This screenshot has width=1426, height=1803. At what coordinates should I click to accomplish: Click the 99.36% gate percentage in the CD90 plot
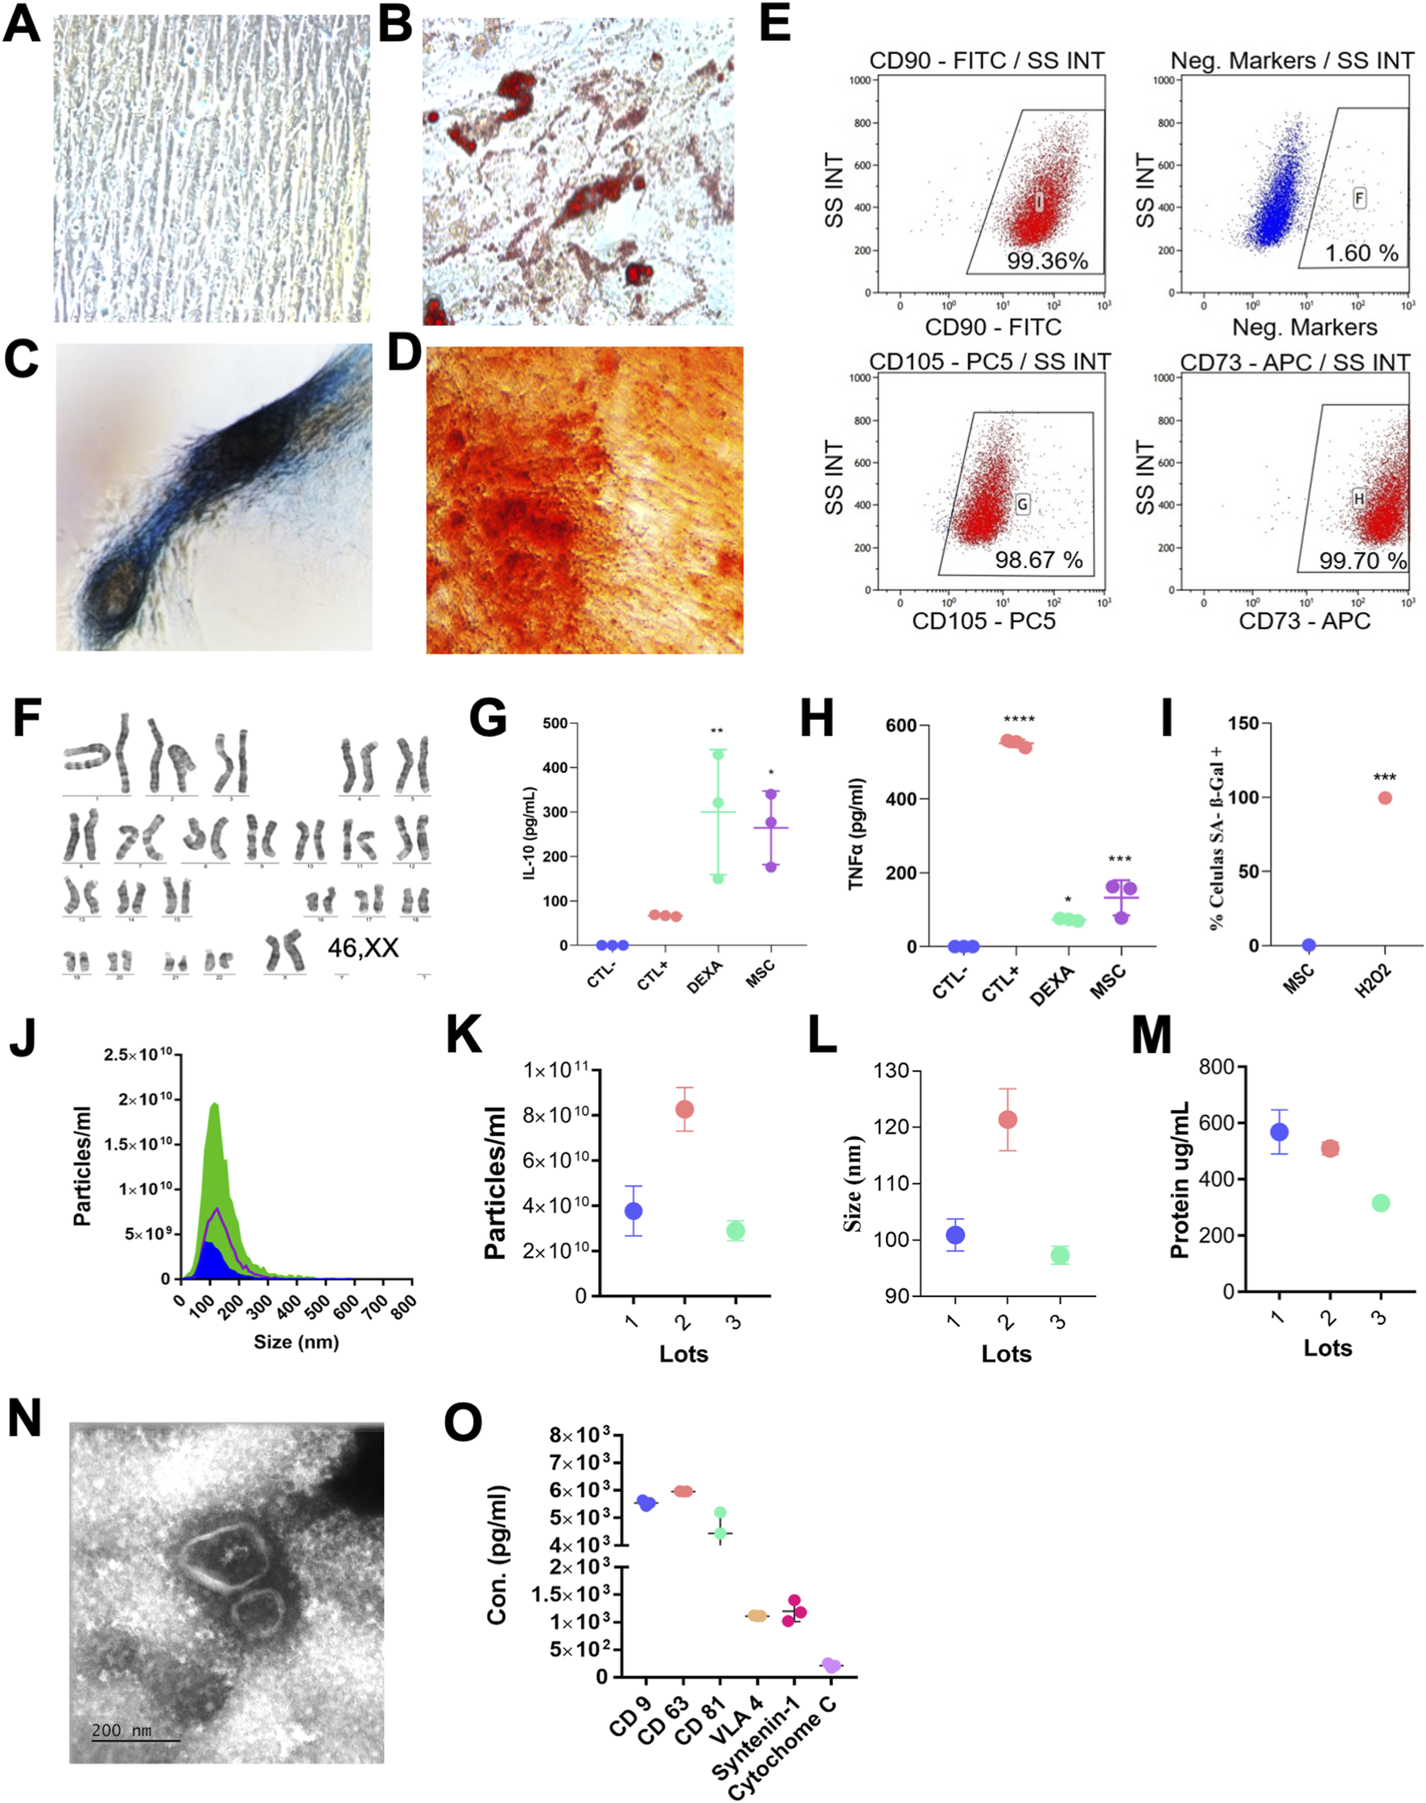tap(1047, 261)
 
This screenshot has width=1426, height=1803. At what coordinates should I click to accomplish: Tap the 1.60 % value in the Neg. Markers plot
tap(1361, 253)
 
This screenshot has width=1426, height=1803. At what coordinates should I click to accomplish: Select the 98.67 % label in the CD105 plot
tap(1038, 560)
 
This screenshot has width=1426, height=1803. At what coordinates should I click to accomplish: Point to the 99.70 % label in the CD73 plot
tap(1362, 561)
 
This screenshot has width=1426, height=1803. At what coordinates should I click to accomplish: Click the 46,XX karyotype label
tap(362, 948)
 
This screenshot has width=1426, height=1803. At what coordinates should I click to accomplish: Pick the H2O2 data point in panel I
tap(1384, 798)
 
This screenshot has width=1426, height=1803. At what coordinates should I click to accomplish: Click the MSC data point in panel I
tap(1309, 945)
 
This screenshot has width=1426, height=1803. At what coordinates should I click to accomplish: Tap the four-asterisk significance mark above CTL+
tap(1019, 719)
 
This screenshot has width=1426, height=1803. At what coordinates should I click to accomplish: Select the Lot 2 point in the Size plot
tap(1007, 1119)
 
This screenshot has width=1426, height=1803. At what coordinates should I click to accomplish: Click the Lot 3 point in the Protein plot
tap(1380, 1203)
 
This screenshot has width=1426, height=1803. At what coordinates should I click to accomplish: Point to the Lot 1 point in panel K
tap(633, 1211)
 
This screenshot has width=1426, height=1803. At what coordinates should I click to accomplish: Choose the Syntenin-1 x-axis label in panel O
tap(756, 1738)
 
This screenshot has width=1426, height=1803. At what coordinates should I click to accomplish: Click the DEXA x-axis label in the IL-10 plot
tap(705, 977)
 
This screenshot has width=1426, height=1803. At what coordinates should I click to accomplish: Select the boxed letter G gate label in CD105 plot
tap(1022, 504)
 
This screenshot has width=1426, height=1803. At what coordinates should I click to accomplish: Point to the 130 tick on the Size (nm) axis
tap(892, 1071)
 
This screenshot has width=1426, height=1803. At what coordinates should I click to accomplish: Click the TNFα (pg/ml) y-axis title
tap(856, 835)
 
